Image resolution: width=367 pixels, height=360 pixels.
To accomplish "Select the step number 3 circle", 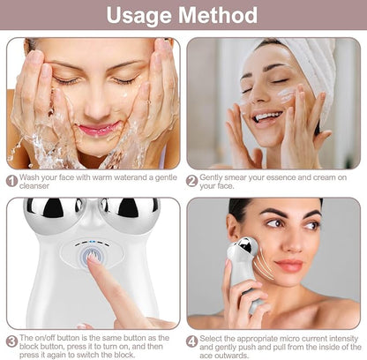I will point(11,341).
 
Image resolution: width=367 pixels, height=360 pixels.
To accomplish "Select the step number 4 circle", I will point(191,341).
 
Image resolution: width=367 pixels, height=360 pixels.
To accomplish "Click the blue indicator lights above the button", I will point(90,244).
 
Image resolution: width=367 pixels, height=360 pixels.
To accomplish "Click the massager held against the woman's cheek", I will point(246,265).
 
